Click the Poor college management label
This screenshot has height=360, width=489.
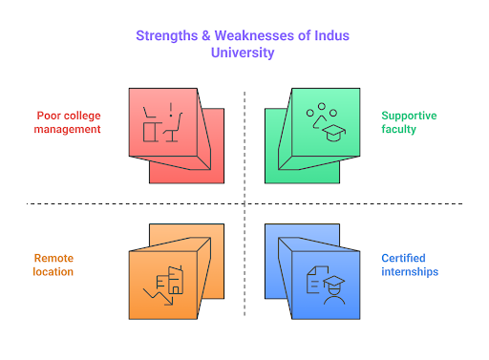click(x=68, y=122)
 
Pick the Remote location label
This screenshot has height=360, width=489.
click(x=54, y=265)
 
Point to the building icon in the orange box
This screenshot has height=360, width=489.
click(x=170, y=278)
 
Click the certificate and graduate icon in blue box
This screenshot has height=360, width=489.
click(x=326, y=279)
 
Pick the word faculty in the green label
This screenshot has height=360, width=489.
click(x=399, y=129)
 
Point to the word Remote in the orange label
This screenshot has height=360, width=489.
click(x=54, y=258)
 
